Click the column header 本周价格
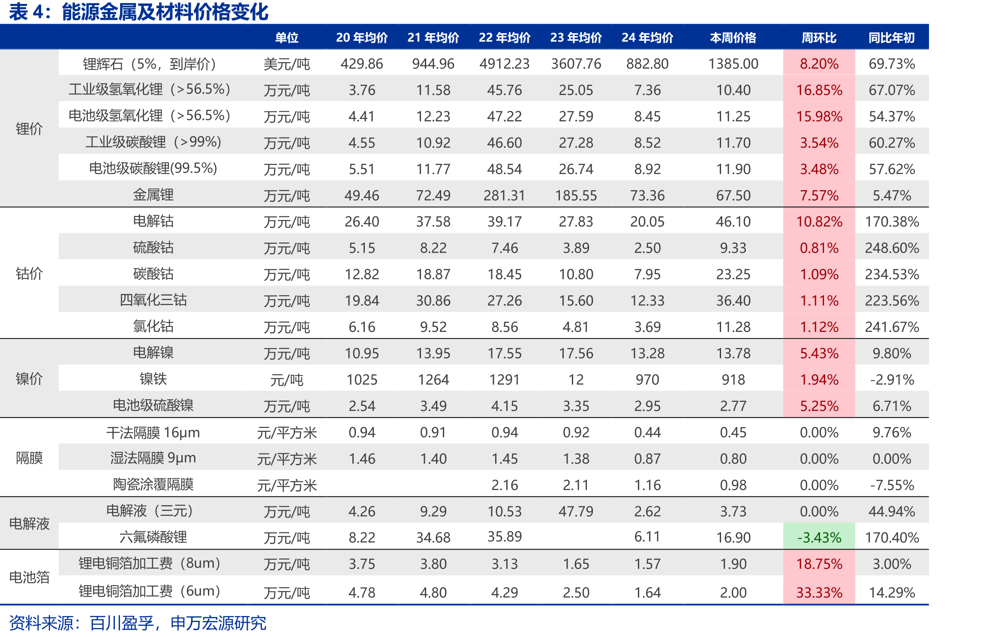click(x=733, y=38)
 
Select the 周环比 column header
click(x=819, y=38)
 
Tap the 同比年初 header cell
click(x=892, y=38)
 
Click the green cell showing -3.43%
click(x=819, y=537)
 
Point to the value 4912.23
click(x=505, y=64)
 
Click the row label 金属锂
click(x=153, y=195)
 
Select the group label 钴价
click(x=29, y=274)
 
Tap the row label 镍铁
click(x=153, y=379)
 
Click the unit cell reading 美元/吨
click(x=286, y=64)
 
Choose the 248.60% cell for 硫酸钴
click(x=892, y=248)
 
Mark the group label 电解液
click(x=29, y=523)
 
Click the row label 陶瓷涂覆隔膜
click(x=153, y=484)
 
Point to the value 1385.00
click(x=733, y=64)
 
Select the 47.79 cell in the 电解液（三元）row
click(x=576, y=511)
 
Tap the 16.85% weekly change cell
click(x=819, y=90)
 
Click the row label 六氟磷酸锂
click(x=153, y=537)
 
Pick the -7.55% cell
click(x=892, y=485)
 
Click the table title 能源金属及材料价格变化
click(x=165, y=12)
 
